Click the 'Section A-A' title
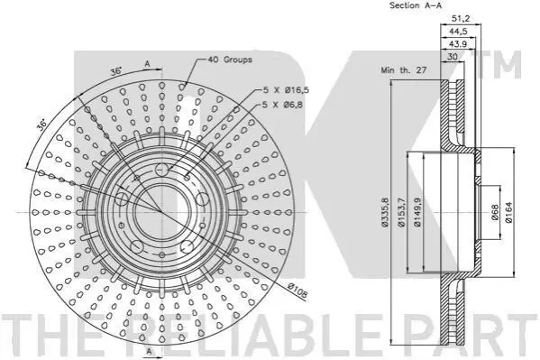point(416,5)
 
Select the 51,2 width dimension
point(461,19)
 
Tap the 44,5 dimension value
point(458,32)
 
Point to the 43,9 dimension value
point(458,44)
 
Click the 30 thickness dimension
point(452,56)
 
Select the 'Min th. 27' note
point(404,70)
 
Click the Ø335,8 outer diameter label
point(385,212)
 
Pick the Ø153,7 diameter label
point(401,212)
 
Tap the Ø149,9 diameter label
point(417,212)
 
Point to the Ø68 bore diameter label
point(495,213)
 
